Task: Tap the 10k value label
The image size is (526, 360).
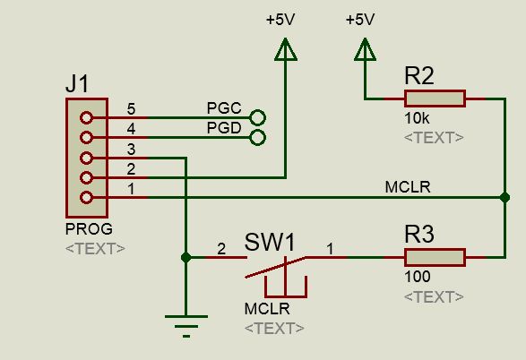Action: (x=417, y=118)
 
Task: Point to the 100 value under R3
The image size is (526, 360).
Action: (x=418, y=277)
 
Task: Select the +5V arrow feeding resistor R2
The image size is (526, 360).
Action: (x=365, y=49)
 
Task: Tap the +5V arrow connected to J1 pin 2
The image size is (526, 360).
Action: (x=286, y=49)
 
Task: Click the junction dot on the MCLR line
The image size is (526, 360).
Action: (x=504, y=197)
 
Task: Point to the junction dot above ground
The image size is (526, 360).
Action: (x=185, y=257)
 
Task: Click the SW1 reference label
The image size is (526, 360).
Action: (x=270, y=242)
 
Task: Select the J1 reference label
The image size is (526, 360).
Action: (x=77, y=83)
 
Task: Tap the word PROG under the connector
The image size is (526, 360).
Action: (x=89, y=229)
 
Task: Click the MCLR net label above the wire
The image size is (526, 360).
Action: (x=408, y=187)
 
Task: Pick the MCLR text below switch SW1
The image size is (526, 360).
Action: (x=267, y=309)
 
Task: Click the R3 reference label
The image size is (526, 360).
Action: (x=419, y=234)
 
